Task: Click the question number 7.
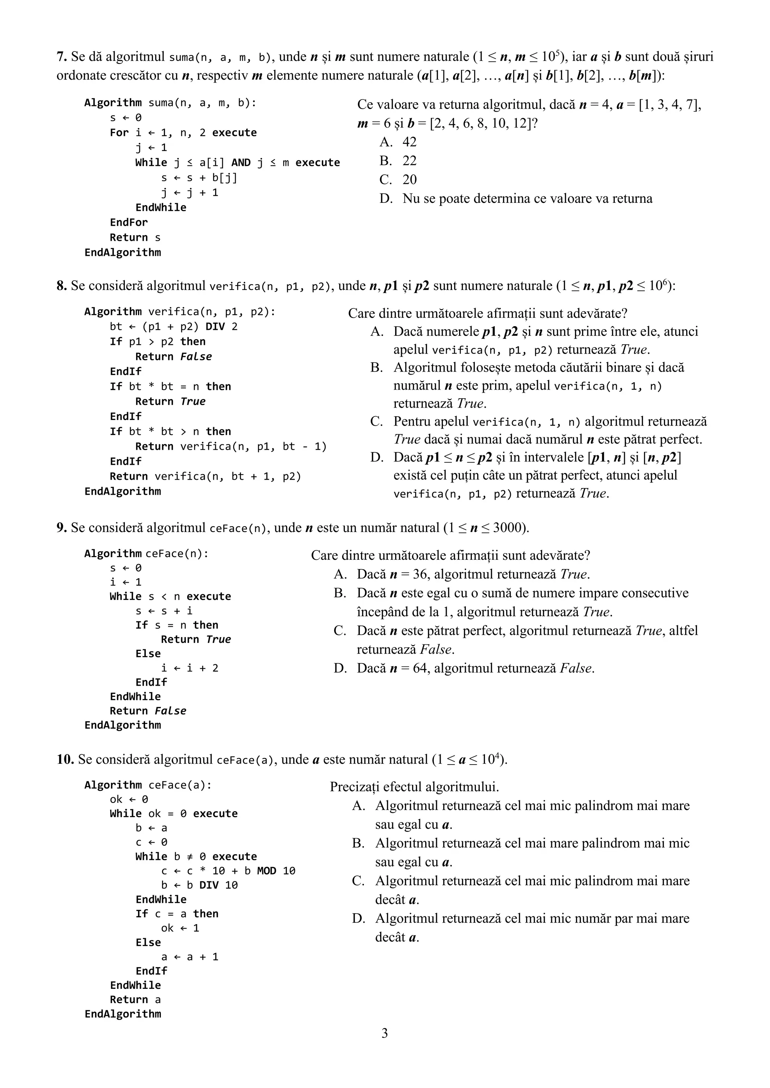[61, 57]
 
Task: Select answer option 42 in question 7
[409, 142]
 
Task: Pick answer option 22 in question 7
[409, 161]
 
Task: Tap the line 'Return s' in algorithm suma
[135, 237]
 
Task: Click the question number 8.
[61, 286]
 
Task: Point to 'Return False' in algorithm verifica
[174, 357]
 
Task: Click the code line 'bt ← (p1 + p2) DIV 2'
[174, 326]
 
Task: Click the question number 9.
[61, 528]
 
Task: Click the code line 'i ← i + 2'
[189, 668]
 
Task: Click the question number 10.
[65, 760]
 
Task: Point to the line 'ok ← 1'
[180, 928]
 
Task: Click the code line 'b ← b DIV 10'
[199, 885]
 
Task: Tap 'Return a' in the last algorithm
[135, 1000]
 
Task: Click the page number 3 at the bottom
[385, 1033]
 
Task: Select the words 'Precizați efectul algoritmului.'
[414, 787]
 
